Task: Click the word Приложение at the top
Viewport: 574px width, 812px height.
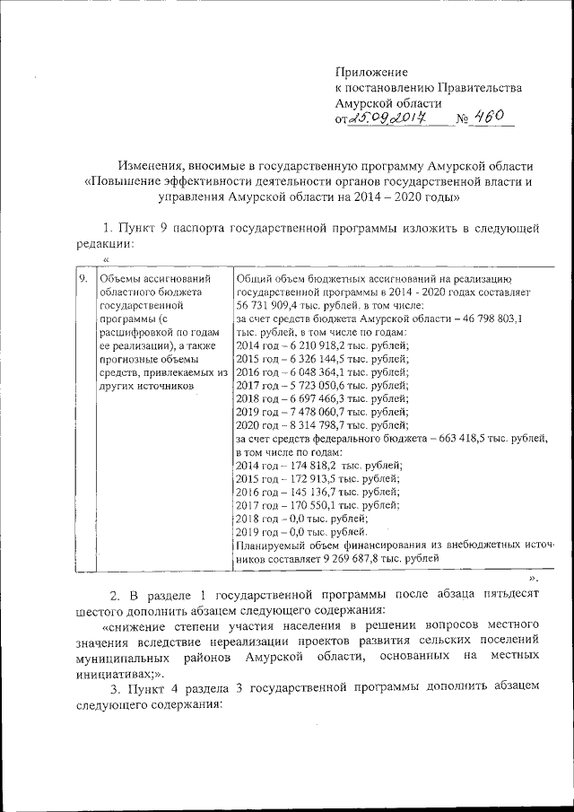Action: point(370,71)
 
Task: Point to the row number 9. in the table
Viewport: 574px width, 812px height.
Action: point(82,279)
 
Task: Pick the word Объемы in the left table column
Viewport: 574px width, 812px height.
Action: point(117,279)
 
